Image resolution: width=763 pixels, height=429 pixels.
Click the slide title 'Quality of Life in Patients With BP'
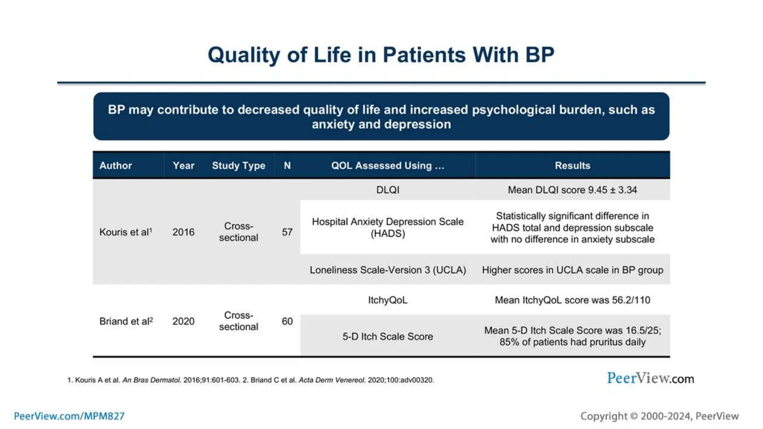click(x=381, y=55)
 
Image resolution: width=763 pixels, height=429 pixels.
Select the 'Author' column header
click(x=115, y=166)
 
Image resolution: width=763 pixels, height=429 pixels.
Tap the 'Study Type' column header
click(x=238, y=166)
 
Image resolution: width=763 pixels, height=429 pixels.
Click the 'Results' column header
click(x=572, y=166)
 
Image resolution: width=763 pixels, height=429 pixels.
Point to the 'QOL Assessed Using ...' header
click(x=387, y=166)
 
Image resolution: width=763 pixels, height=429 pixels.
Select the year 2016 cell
click(x=183, y=232)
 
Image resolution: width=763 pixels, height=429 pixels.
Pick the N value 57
click(x=287, y=232)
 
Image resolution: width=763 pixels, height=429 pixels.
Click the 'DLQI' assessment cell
click(x=387, y=190)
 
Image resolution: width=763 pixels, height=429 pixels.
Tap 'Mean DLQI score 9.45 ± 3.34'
click(x=572, y=190)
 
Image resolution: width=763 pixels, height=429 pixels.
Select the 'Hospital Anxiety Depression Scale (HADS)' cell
click(x=387, y=228)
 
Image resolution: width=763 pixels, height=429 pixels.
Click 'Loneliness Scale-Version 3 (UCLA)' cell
click(x=387, y=270)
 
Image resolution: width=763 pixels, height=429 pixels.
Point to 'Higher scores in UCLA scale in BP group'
click(x=572, y=270)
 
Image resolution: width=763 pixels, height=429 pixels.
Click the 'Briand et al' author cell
click(x=126, y=321)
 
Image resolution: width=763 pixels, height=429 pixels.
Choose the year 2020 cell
click(x=183, y=321)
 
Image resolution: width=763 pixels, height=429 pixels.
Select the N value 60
click(x=287, y=321)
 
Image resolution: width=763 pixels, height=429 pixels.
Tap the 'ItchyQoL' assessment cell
click(x=387, y=300)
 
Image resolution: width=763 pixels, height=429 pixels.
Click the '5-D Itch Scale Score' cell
click(x=387, y=337)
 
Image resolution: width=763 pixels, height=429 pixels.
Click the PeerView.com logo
click(x=650, y=378)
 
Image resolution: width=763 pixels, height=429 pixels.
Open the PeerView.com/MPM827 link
click(x=69, y=416)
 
